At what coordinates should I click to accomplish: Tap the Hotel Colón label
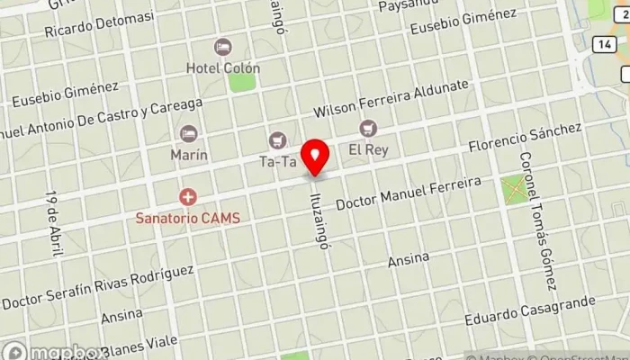(222, 67)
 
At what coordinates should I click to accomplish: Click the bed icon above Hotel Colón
(222, 46)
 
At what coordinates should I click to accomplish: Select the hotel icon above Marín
(189, 133)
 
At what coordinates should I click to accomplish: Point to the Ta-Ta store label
(277, 162)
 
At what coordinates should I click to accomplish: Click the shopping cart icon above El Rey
(368, 129)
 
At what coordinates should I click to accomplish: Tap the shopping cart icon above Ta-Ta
(277, 140)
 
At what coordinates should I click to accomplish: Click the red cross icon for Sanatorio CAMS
(188, 196)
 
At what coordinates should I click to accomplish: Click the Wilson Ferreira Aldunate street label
(391, 99)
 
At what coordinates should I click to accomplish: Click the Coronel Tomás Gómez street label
(538, 220)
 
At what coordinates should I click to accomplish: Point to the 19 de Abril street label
(51, 213)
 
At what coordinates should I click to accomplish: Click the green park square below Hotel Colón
(241, 81)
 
